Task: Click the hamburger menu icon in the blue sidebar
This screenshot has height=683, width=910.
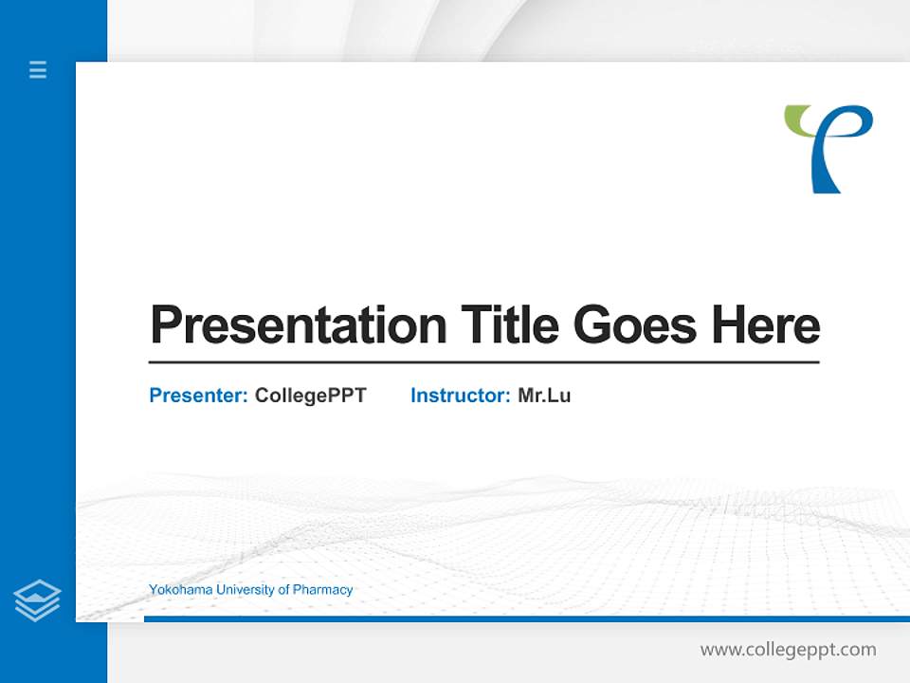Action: point(38,69)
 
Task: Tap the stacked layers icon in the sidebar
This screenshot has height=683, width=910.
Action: point(37,600)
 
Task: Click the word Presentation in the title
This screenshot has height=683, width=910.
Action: point(298,325)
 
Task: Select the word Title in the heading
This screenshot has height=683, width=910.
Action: point(509,324)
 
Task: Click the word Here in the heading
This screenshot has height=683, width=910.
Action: point(766,324)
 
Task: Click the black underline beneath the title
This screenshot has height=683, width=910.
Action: point(483,361)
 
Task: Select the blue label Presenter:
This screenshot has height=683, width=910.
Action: point(198,396)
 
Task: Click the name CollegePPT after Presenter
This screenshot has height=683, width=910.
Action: point(310,396)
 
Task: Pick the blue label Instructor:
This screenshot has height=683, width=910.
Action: point(460,396)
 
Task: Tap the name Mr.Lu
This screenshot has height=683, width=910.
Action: point(544,396)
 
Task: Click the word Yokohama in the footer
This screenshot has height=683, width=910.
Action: point(180,590)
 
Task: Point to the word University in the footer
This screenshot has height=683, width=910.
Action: point(246,590)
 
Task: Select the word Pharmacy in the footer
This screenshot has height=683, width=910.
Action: point(322,590)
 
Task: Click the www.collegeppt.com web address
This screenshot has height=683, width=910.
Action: point(788,650)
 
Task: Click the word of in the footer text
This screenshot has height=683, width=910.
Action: point(283,590)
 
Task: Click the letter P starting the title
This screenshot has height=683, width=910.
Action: point(166,324)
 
